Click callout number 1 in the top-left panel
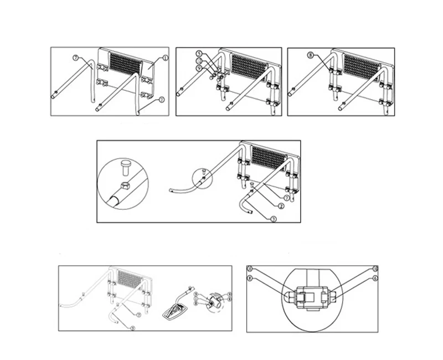(x=165, y=58)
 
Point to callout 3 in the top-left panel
(x=161, y=100)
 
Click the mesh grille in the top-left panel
(x=124, y=64)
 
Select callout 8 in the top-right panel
(x=311, y=55)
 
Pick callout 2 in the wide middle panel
(x=281, y=206)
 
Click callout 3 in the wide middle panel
(x=273, y=218)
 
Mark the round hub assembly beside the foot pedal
(x=213, y=302)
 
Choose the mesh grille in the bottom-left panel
(x=129, y=279)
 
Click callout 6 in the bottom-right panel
(x=374, y=278)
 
